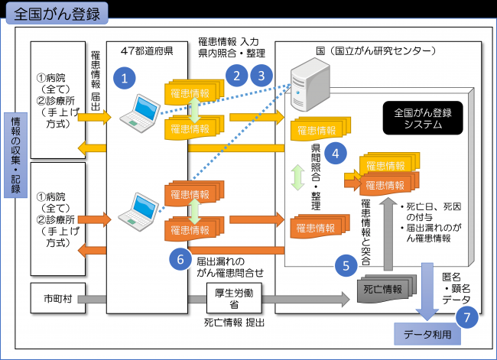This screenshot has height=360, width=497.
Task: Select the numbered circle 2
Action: tap(237, 75)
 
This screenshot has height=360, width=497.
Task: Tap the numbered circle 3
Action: tap(262, 75)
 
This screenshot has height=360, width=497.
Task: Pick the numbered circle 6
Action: tap(180, 258)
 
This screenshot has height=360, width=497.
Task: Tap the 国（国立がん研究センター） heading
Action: tap(375, 52)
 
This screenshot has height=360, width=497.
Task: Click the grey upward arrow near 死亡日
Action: tap(388, 237)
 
